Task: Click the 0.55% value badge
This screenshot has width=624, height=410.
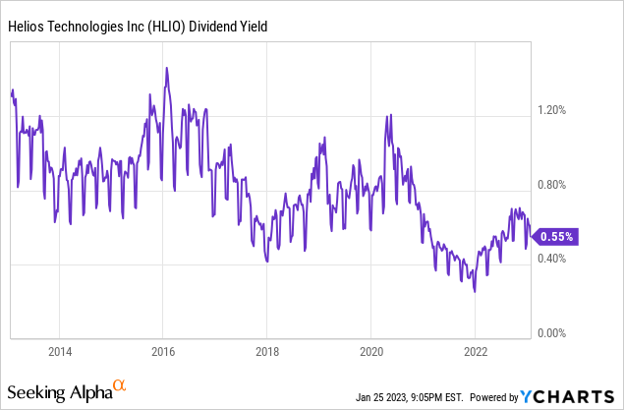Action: click(x=557, y=236)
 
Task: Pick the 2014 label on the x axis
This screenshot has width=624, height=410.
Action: click(x=60, y=351)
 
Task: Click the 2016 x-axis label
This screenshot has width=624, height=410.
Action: click(x=163, y=351)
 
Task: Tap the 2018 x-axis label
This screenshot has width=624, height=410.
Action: click(x=267, y=351)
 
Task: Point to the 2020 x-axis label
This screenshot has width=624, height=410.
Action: click(x=371, y=351)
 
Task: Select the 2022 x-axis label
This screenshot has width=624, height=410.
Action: click(x=475, y=351)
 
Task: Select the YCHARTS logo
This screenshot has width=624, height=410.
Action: click(x=570, y=395)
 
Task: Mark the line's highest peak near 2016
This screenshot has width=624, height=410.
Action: click(x=167, y=68)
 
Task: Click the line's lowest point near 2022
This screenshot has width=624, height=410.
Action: click(x=475, y=292)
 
